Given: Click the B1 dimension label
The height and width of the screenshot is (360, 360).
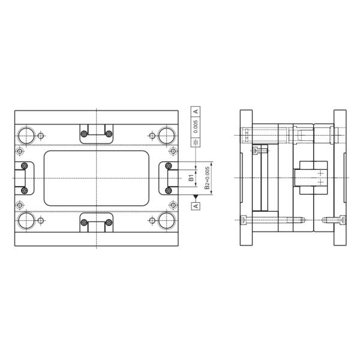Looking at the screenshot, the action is click(x=191, y=178).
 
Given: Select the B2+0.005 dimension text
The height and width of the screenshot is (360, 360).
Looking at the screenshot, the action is click(x=207, y=178).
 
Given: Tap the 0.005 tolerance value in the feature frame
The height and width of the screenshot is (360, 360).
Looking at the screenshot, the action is click(x=196, y=126).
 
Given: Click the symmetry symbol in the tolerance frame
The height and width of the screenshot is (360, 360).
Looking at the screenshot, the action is click(x=196, y=142).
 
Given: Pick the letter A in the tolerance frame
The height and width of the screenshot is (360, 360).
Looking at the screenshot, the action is click(x=196, y=112).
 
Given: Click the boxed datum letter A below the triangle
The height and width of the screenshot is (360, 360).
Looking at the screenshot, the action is click(x=196, y=206).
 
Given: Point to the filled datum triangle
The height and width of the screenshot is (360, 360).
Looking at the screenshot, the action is click(x=196, y=197).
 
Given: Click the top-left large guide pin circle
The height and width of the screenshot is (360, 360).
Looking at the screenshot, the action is click(x=26, y=136).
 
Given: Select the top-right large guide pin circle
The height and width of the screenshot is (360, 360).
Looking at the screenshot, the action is click(x=167, y=136).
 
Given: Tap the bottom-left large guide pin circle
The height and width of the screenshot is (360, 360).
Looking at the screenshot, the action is click(x=26, y=221).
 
